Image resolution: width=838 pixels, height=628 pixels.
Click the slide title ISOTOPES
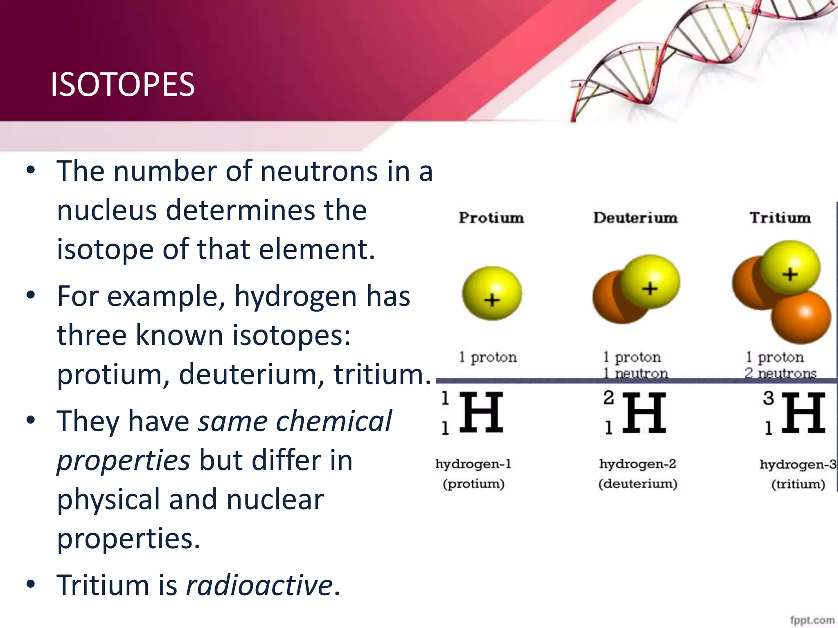[122, 85]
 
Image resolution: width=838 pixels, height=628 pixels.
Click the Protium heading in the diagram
[491, 218]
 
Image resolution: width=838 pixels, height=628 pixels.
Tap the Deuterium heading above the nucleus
[635, 218]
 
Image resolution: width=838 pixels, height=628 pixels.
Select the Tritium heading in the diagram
[780, 218]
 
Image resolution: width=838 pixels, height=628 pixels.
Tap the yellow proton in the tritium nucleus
[790, 268]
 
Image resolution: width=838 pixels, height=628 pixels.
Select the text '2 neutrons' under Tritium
[780, 373]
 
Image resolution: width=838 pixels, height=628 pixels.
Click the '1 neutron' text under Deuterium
[635, 373]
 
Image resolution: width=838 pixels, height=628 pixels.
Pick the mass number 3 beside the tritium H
[768, 398]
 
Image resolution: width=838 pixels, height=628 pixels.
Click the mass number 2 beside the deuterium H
[608, 397]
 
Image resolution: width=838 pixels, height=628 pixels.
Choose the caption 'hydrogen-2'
[638, 464]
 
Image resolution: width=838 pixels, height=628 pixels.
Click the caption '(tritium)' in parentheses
[798, 484]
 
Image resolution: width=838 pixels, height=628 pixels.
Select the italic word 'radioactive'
[259, 585]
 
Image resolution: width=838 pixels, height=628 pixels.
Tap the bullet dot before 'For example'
[31, 295]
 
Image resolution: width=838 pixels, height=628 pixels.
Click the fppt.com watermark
[812, 620]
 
